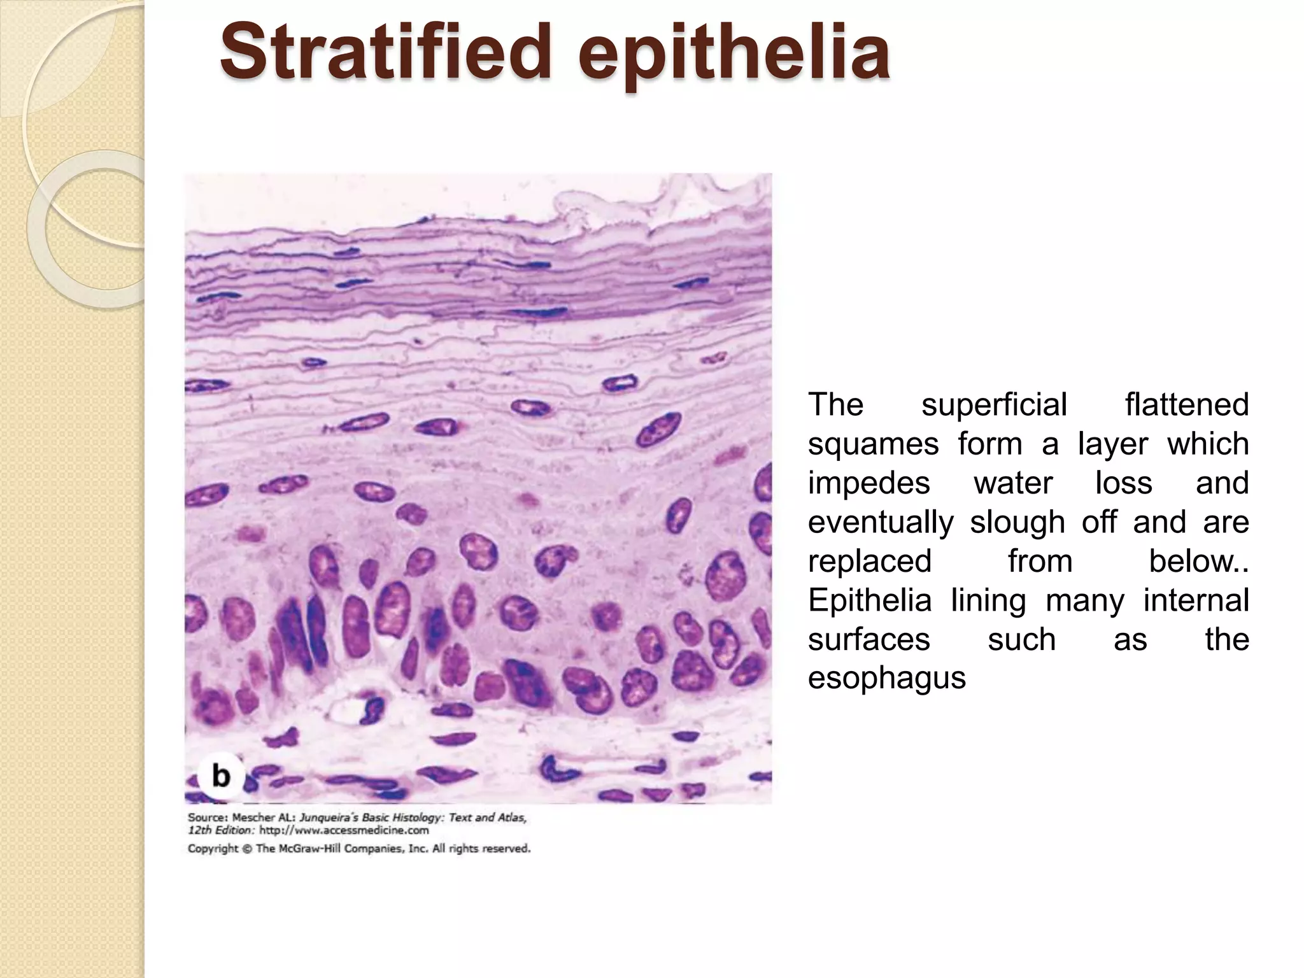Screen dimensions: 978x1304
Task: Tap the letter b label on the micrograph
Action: (220, 776)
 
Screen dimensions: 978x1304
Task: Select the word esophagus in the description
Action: (886, 678)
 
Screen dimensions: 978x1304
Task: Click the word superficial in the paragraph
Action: (994, 404)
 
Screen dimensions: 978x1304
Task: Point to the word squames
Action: (873, 444)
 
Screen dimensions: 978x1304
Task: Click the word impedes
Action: (868, 483)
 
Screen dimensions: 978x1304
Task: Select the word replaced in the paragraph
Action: (870, 561)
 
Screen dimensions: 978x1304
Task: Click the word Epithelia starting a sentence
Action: (870, 600)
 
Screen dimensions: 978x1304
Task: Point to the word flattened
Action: (1186, 404)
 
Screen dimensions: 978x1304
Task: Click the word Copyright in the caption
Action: (213, 849)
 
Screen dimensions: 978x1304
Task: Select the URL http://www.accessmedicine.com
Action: (344, 830)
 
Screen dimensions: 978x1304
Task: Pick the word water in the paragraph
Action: (1013, 483)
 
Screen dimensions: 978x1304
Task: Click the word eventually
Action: (881, 522)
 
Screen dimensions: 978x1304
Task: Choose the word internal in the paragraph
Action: (1196, 600)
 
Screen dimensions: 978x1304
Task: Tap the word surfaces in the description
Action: (868, 639)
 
